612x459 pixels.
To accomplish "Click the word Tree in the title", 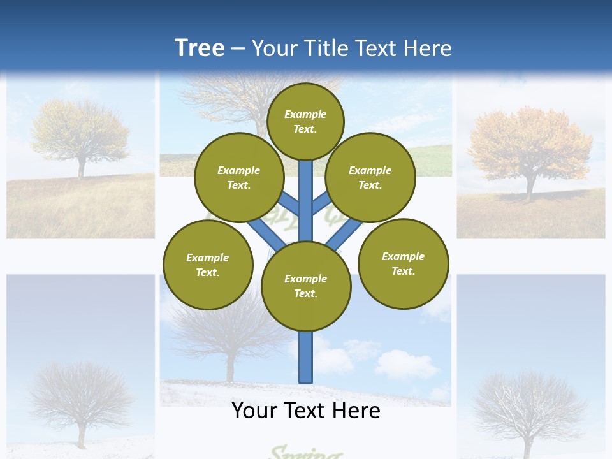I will pyautogui.click(x=200, y=48).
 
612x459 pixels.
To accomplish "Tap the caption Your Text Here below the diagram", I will pyautogui.click(x=305, y=411).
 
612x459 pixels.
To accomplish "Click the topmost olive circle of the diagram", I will pyautogui.click(x=305, y=121).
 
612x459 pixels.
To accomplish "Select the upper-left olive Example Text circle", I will pyautogui.click(x=238, y=177).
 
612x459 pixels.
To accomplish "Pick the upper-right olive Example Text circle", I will pyautogui.click(x=370, y=177).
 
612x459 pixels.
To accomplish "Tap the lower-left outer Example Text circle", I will pyautogui.click(x=208, y=265).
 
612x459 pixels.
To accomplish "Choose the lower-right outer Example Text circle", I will pyautogui.click(x=404, y=263).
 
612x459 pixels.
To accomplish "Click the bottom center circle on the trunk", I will pyautogui.click(x=306, y=286).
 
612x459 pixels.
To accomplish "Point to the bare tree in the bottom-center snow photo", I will pyautogui.click(x=229, y=338).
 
